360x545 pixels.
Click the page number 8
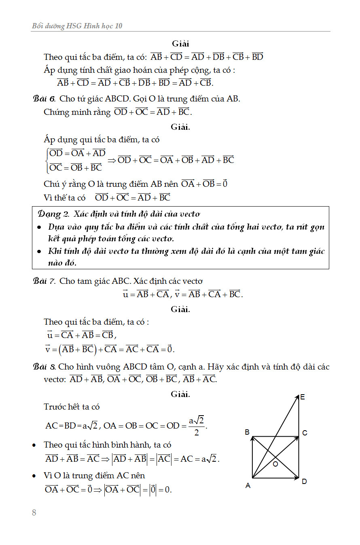click(34, 513)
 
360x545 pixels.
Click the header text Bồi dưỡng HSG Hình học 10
click(77, 26)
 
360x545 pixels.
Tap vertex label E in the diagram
click(303, 397)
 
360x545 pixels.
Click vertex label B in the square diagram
click(247, 432)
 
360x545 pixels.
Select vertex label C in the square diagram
click(305, 433)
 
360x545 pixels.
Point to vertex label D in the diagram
click(304, 482)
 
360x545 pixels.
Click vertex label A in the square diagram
click(248, 486)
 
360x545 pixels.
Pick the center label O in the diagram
click(275, 464)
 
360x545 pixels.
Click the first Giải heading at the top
click(180, 44)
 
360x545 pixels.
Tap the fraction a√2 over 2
click(197, 426)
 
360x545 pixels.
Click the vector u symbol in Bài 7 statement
click(125, 294)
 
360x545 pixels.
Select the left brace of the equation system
click(47, 160)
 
